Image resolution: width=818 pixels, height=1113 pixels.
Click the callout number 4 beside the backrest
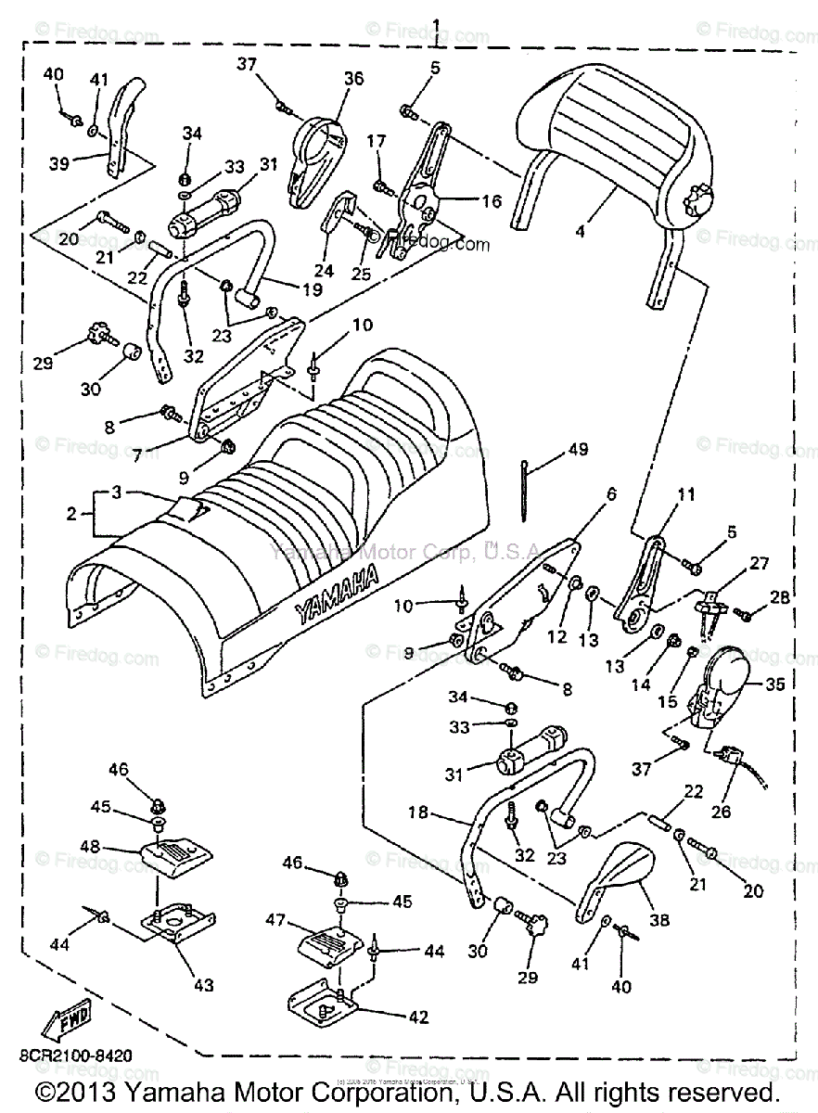click(x=581, y=230)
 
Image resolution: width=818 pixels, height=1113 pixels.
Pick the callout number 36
click(x=329, y=80)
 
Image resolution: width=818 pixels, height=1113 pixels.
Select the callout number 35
click(x=773, y=687)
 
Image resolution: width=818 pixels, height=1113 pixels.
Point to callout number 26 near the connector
click(x=721, y=812)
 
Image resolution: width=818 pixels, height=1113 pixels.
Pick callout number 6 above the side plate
click(x=611, y=496)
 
